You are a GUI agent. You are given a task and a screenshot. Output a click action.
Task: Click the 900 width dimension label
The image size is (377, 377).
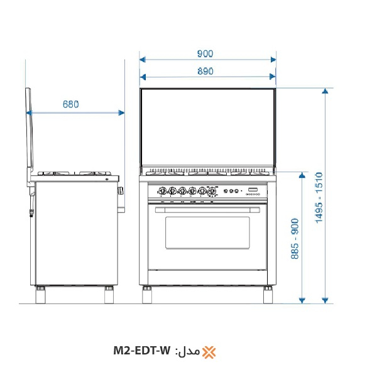coord(205,53)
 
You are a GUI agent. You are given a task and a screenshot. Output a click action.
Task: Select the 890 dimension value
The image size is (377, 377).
coord(205,71)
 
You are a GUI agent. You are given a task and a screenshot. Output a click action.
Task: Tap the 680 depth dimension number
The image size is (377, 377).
coord(70,105)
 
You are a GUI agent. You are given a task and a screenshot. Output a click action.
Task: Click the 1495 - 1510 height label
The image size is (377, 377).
coord(319,198)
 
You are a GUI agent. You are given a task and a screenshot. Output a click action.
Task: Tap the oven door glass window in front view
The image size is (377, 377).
coord(207,232)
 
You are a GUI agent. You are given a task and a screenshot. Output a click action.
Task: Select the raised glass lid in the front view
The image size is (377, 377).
coord(207,129)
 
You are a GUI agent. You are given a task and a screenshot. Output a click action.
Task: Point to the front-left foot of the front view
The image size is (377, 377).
coord(148,293)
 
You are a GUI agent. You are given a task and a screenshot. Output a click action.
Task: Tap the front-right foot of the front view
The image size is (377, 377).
coord(268,293)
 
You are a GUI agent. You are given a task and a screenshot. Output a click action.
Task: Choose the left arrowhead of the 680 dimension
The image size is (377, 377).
coord(29,113)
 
